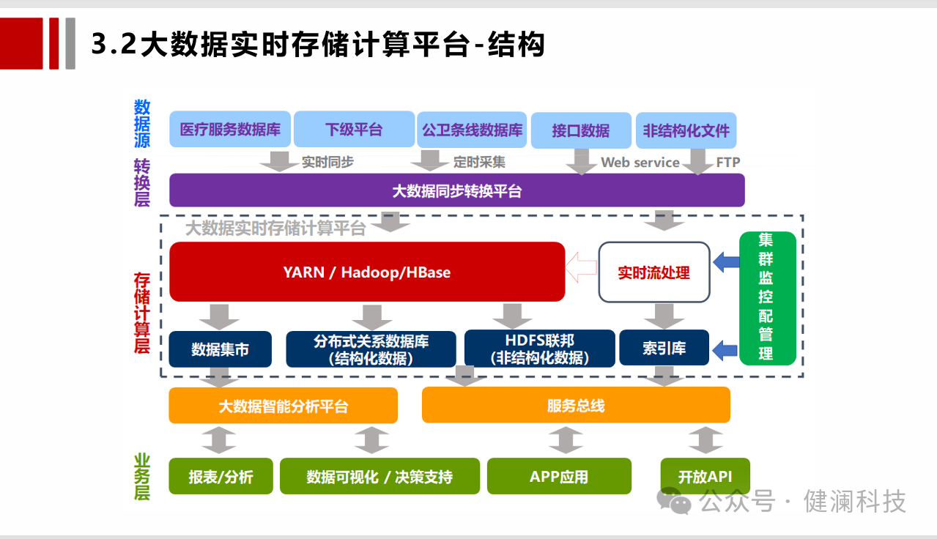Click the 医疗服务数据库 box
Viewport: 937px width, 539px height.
pos(230,130)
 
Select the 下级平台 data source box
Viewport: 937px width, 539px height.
pos(354,130)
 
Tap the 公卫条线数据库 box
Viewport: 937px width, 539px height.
pos(472,130)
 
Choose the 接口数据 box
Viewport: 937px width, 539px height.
pos(580,130)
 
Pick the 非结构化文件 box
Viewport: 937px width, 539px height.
pos(686,130)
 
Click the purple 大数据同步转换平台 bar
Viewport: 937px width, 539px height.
pos(456,190)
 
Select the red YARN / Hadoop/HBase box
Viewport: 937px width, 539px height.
pos(366,272)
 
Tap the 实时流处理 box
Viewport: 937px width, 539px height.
pos(653,272)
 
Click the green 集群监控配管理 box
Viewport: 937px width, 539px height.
pos(766,297)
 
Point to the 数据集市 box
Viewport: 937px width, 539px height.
pos(220,349)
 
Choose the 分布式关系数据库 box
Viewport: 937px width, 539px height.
pos(371,349)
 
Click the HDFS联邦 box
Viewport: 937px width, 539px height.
pos(539,349)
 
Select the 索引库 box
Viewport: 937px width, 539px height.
pos(664,348)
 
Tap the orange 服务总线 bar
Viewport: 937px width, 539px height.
pos(576,405)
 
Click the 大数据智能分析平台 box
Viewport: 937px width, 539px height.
pos(283,406)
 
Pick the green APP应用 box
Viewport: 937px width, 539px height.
pos(558,476)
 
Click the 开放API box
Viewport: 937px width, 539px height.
pos(705,476)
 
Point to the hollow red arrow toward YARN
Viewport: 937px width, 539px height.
pos(582,267)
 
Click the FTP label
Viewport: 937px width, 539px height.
pos(728,163)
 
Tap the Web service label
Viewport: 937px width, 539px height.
pos(640,163)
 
